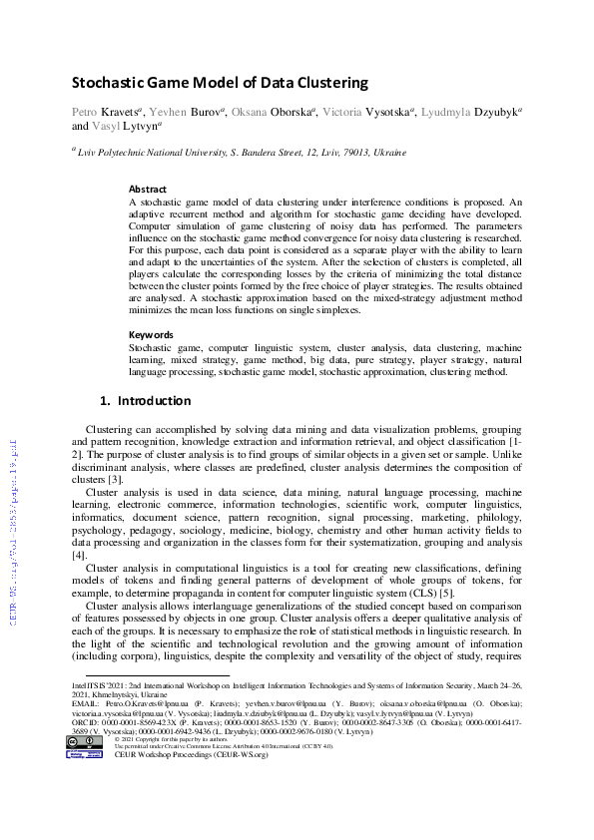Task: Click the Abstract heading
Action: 148,189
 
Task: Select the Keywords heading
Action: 152,334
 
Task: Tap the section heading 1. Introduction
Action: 146,401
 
